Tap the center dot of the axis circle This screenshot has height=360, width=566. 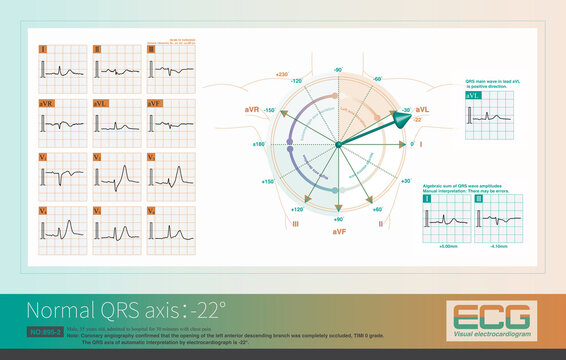click(339, 146)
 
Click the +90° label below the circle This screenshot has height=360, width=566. click(338, 218)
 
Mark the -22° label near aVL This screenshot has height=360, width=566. click(417, 119)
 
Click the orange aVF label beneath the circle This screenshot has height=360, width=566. click(339, 231)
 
